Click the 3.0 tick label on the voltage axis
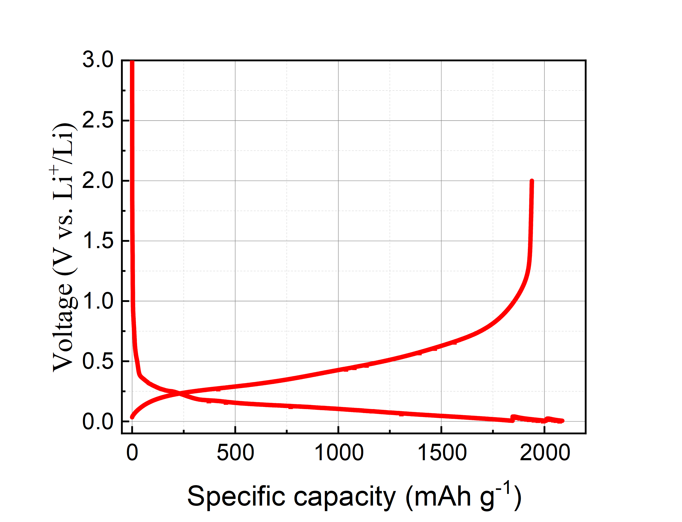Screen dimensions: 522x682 coord(98,60)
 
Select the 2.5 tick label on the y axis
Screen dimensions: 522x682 coord(98,120)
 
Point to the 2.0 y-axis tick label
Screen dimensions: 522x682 coord(98,181)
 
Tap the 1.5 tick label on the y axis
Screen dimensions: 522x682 coord(98,241)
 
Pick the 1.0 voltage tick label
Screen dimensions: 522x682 coord(98,301)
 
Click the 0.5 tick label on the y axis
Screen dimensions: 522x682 coord(98,361)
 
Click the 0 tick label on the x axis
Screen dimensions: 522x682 coord(132,453)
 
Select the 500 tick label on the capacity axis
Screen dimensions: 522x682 coord(235,453)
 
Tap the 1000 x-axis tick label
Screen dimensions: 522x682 coord(339,453)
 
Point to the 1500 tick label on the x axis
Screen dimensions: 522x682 coord(442,453)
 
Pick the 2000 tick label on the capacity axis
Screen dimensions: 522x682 coord(545,453)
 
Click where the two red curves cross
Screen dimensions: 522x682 coord(179,394)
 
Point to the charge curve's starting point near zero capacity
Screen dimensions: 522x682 coord(132,417)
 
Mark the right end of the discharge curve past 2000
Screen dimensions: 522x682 coord(562,421)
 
